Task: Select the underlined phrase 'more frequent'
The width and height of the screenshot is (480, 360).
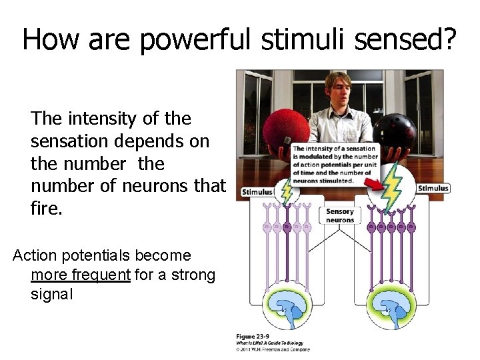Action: (81, 275)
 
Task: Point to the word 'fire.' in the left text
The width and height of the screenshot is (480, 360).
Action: (47, 209)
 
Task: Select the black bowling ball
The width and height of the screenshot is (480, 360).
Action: (394, 133)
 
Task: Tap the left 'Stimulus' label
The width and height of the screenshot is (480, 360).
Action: (257, 192)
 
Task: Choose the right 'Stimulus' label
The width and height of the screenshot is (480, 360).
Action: (433, 189)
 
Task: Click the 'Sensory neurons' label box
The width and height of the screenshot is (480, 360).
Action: (339, 215)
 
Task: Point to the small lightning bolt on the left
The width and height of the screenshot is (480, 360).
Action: (287, 191)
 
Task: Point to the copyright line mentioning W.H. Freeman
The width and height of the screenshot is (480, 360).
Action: (273, 348)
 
